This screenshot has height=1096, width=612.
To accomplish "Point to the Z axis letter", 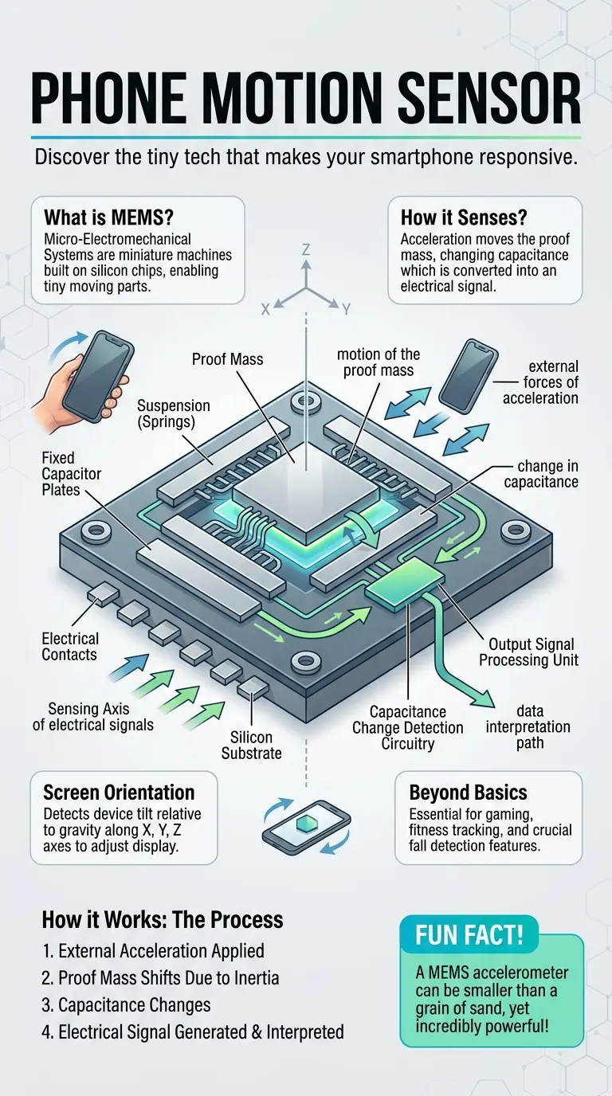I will pyautogui.click(x=306, y=250).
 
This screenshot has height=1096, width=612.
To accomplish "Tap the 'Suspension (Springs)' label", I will pyautogui.click(x=173, y=414).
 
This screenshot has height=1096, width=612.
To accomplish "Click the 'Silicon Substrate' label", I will pyautogui.click(x=253, y=746).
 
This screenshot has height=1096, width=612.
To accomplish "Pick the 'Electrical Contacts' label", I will pyautogui.click(x=70, y=647).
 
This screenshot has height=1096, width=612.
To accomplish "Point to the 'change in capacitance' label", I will pyautogui.click(x=547, y=473).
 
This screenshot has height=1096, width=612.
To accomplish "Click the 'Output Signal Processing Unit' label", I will pyautogui.click(x=532, y=652).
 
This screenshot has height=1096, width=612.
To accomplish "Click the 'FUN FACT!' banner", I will pyautogui.click(x=469, y=934).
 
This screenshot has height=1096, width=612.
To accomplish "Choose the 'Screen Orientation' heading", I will pyautogui.click(x=119, y=793).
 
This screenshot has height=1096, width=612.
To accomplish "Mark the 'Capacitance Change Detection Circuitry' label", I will pyautogui.click(x=408, y=728).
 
